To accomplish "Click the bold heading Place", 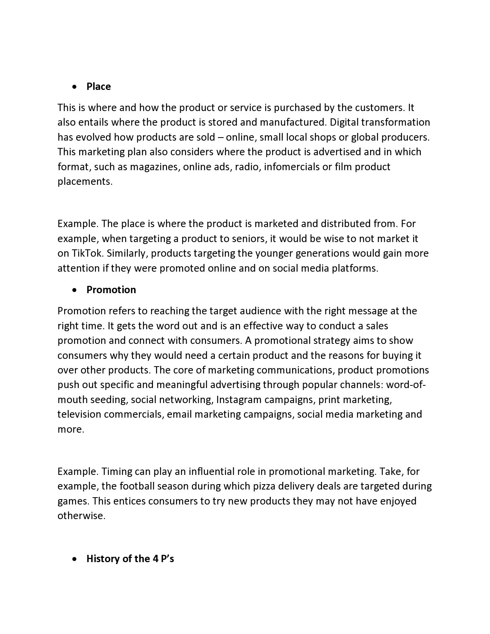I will (98, 86).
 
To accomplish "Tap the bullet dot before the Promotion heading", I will (75, 290).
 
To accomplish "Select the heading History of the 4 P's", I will (130, 559).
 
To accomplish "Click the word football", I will (137, 486).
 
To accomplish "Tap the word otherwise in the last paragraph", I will (81, 516).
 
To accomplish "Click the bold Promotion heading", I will (111, 290).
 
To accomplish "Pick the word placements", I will (85, 181).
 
